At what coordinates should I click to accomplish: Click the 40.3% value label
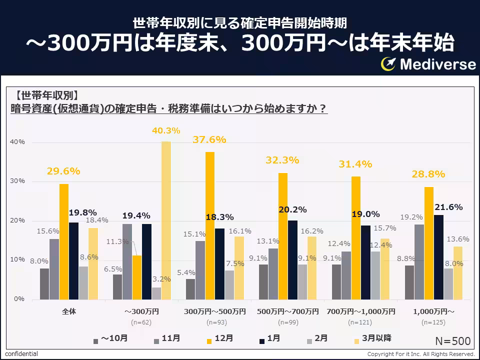click(166, 131)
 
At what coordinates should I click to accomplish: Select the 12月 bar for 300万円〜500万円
click(210, 225)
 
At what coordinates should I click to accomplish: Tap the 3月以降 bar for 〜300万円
click(166, 220)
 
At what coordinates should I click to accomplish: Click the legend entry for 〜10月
click(110, 338)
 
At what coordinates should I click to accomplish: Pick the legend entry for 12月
click(219, 338)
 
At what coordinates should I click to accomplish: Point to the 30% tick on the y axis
click(18, 181)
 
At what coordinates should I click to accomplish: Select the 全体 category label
click(69, 311)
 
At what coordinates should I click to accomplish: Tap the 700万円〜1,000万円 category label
click(360, 311)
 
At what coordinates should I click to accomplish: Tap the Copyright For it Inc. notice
click(420, 354)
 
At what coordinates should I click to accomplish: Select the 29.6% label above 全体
click(63, 171)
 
